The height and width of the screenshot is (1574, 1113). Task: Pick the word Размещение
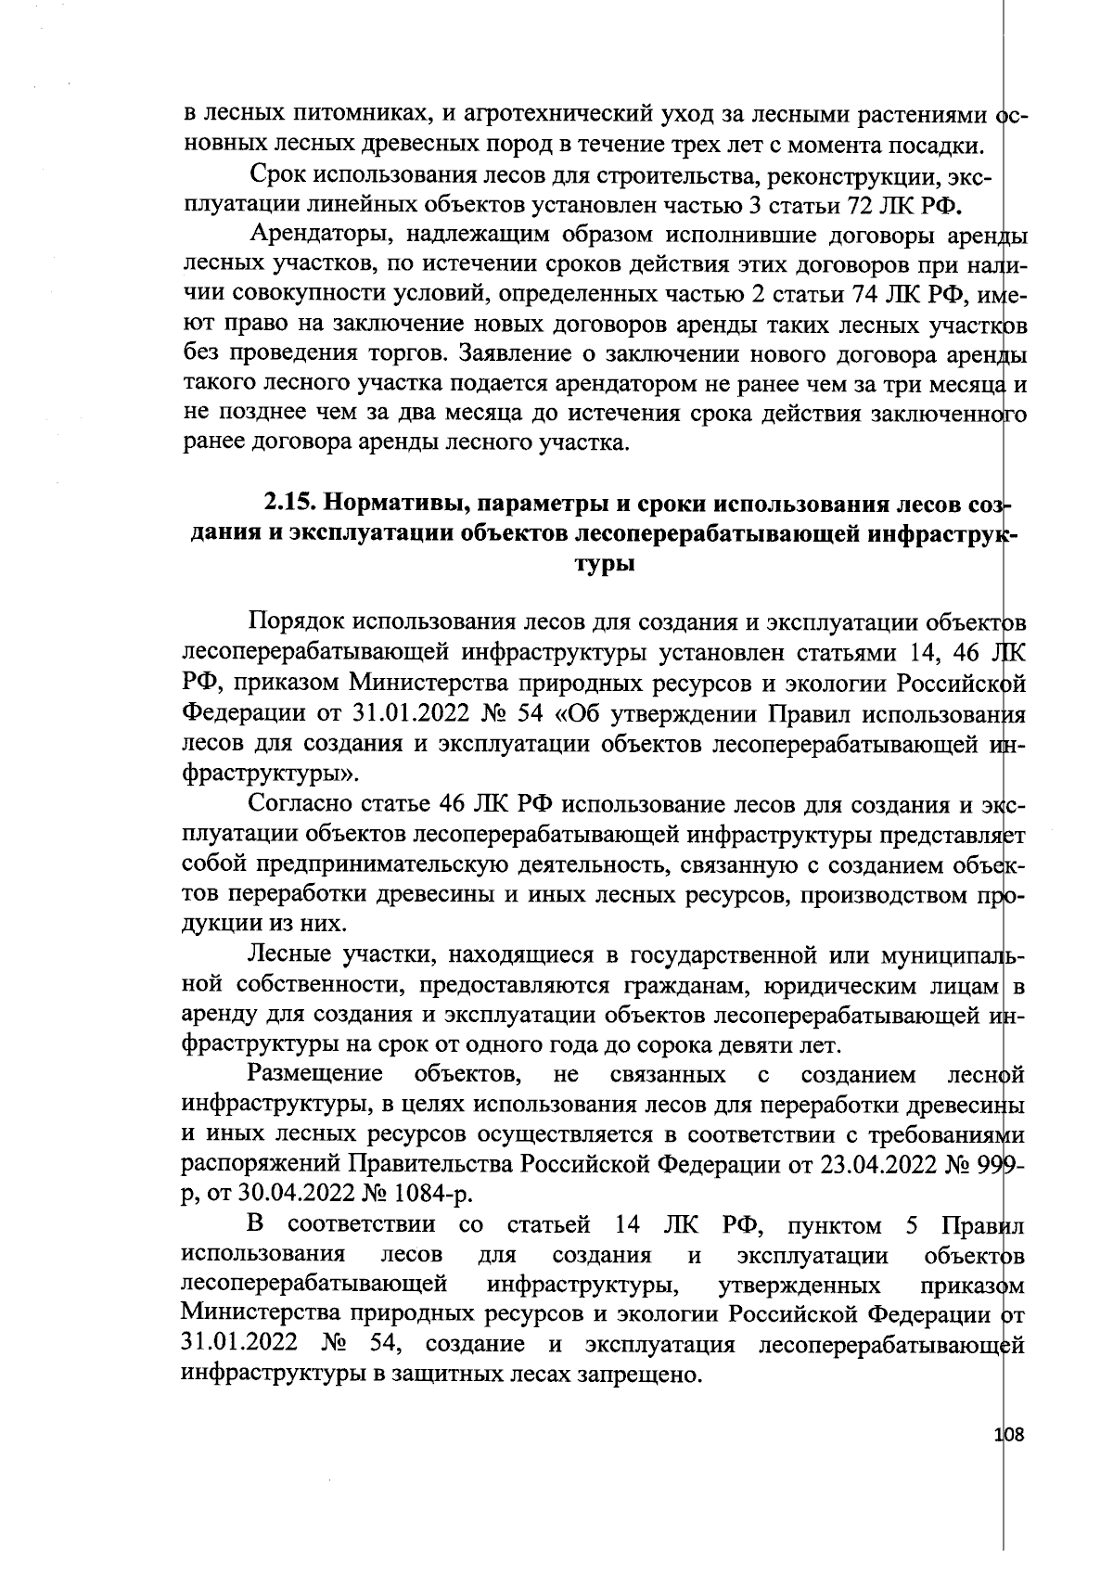click(x=315, y=1075)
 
